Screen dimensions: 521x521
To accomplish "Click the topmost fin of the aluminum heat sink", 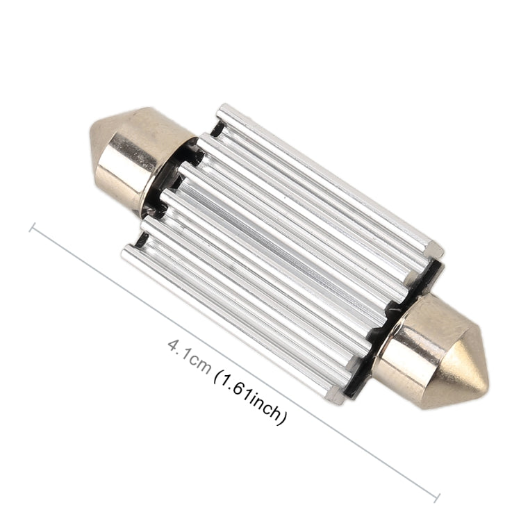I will click(326, 174).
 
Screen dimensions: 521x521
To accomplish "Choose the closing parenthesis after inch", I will click(283, 418).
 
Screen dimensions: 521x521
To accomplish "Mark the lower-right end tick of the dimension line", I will click(437, 497).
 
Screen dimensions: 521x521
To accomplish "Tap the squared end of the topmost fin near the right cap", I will click(433, 249).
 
